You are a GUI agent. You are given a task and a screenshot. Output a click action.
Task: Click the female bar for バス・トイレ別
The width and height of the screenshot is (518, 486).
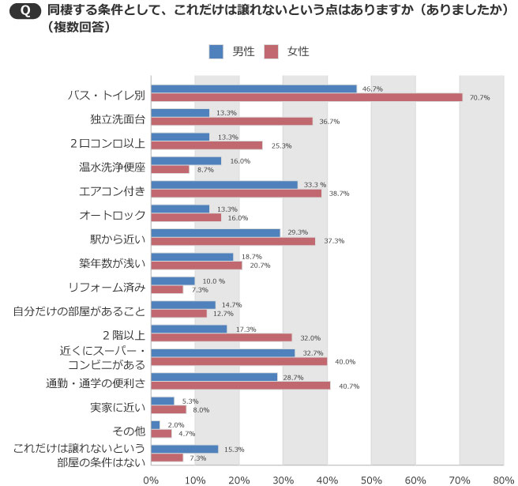click(306, 97)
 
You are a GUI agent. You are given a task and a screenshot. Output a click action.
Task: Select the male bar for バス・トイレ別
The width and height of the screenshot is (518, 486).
click(253, 89)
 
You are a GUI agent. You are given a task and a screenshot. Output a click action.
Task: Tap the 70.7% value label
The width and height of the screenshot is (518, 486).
click(479, 98)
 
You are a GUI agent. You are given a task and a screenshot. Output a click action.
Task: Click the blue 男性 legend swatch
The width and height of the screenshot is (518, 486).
click(216, 51)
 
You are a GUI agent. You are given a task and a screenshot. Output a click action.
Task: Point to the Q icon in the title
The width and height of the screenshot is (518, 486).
click(26, 11)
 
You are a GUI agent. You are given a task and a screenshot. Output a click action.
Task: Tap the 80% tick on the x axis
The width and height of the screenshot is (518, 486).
click(503, 478)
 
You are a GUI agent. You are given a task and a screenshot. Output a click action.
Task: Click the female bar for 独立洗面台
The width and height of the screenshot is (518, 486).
click(231, 121)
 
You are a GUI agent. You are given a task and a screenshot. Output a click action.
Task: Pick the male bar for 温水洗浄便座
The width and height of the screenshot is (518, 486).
click(186, 160)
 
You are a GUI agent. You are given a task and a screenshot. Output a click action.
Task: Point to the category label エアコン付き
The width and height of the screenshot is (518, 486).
click(113, 190)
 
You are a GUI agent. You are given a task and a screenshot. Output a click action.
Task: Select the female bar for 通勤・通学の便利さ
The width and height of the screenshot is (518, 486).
click(240, 386)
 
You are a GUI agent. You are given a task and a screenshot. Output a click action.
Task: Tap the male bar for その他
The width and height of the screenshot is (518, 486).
click(155, 424)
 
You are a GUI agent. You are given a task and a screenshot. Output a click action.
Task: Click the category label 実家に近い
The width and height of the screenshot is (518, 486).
click(118, 408)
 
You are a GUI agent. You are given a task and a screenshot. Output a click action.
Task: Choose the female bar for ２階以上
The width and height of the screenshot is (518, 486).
click(221, 337)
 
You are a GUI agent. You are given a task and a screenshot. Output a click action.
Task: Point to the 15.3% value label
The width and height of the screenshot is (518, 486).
click(234, 449)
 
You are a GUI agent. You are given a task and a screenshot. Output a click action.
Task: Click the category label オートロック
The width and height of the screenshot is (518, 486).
click(112, 214)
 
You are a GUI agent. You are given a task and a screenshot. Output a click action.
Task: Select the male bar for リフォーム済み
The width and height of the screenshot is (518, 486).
click(172, 281)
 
